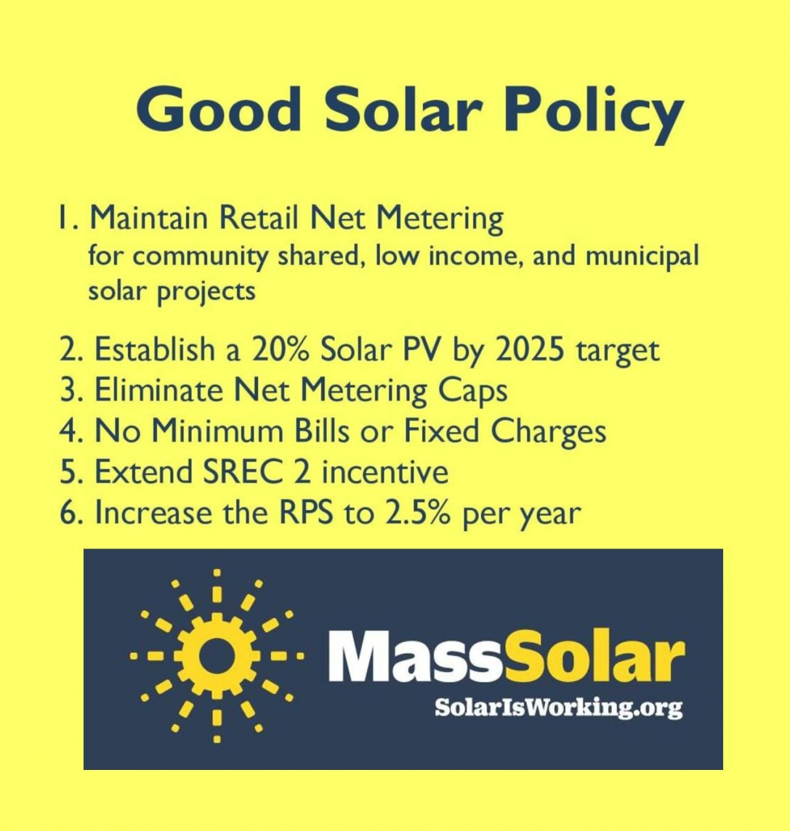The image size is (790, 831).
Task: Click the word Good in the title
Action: click(218, 110)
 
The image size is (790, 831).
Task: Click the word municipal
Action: click(642, 256)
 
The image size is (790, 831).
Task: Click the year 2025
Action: click(529, 349)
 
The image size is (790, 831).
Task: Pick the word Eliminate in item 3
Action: click(159, 390)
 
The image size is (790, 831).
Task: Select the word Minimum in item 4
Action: click(218, 431)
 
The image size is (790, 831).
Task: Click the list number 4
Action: click(68, 431)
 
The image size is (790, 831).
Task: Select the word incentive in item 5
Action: click(385, 472)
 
